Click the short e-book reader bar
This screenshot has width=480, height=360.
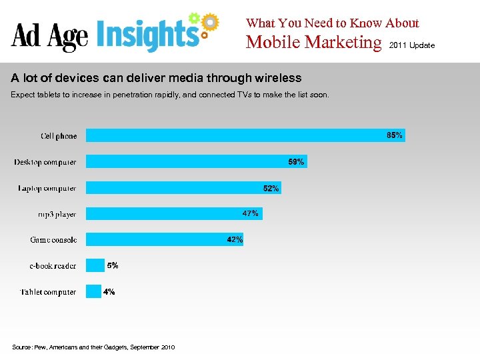pos(95,265)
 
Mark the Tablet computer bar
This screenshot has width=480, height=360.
pos(93,291)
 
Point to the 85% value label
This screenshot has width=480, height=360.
pos(395,135)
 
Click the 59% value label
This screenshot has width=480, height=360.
pos(296,162)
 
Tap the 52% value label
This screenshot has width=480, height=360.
pos(271,189)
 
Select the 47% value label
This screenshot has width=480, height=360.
pos(251,213)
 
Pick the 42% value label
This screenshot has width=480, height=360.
pos(235,239)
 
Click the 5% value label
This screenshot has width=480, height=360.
pos(113,265)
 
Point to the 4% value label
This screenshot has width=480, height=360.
pos(109,292)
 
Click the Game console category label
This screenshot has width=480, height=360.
pos(53,240)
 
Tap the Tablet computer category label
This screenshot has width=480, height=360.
pos(48,292)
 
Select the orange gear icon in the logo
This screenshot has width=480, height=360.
pos(209,23)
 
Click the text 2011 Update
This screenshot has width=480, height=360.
pos(411,45)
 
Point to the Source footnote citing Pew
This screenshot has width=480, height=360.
pos(93,347)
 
